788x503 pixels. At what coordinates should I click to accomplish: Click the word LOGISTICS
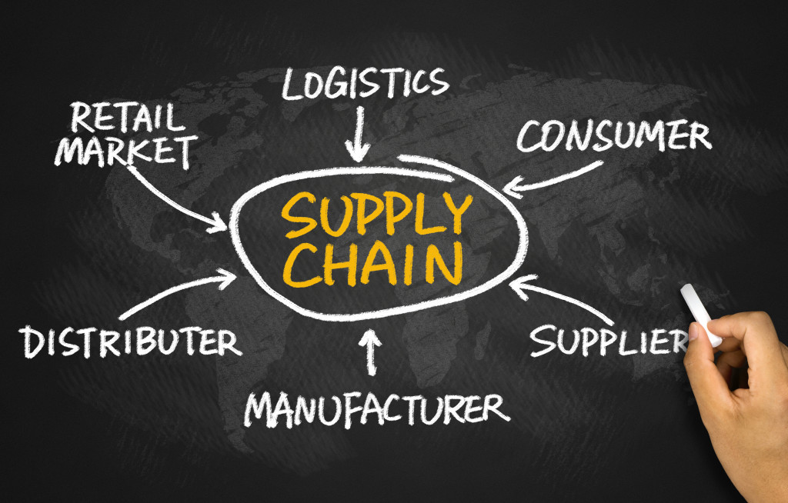pyautogui.click(x=365, y=84)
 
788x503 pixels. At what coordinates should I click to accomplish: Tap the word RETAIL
pyautogui.click(x=128, y=118)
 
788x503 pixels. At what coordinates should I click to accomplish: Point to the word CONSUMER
pyautogui.click(x=613, y=136)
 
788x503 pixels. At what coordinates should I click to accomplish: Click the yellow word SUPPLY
pyautogui.click(x=376, y=214)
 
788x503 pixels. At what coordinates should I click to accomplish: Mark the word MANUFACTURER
pyautogui.click(x=376, y=408)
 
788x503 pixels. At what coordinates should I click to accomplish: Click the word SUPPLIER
pyautogui.click(x=608, y=339)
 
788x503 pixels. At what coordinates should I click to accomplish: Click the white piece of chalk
pyautogui.click(x=701, y=312)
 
